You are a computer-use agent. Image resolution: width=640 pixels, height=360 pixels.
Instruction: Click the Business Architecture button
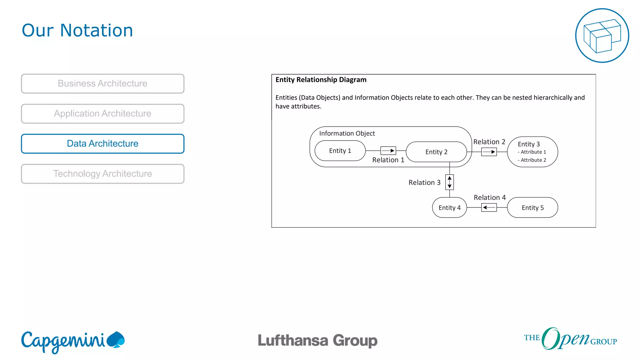pos(102,83)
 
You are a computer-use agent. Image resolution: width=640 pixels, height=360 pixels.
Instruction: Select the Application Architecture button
pos(102,113)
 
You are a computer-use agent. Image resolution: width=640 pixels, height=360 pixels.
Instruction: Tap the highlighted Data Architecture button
pos(102,143)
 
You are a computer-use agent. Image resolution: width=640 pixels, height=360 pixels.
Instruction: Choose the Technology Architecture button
pos(102,173)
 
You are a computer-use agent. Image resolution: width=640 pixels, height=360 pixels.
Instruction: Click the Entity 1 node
pos(340,151)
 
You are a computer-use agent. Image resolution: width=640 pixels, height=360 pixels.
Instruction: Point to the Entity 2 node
pos(436,152)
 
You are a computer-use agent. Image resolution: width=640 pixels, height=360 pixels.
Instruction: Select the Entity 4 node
pos(449,207)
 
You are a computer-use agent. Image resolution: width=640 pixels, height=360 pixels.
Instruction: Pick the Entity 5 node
pos(532,207)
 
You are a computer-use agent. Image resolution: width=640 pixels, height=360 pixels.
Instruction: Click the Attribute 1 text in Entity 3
pos(532,152)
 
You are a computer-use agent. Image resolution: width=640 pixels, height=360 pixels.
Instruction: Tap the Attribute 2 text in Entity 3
pos(532,160)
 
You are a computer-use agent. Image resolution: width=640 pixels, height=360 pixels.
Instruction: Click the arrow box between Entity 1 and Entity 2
pos(388,151)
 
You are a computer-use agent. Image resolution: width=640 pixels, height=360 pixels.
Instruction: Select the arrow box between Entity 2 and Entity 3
pos(489,152)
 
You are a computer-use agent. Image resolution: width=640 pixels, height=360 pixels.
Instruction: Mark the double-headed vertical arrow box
pos(449,182)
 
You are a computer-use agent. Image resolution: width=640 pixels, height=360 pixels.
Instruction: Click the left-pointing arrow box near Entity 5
pos(489,207)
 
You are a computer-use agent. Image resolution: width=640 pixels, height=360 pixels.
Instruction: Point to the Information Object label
pos(347,133)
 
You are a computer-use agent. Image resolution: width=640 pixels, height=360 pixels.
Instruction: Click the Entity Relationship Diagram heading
pos(321,80)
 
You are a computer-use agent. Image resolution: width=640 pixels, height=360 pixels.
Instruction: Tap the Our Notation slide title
pos(77,30)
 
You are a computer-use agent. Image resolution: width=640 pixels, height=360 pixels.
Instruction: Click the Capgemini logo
pos(73,342)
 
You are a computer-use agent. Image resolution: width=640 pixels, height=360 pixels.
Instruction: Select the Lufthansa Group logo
pos(317,340)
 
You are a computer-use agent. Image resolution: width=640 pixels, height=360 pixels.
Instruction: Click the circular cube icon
pos(602,36)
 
